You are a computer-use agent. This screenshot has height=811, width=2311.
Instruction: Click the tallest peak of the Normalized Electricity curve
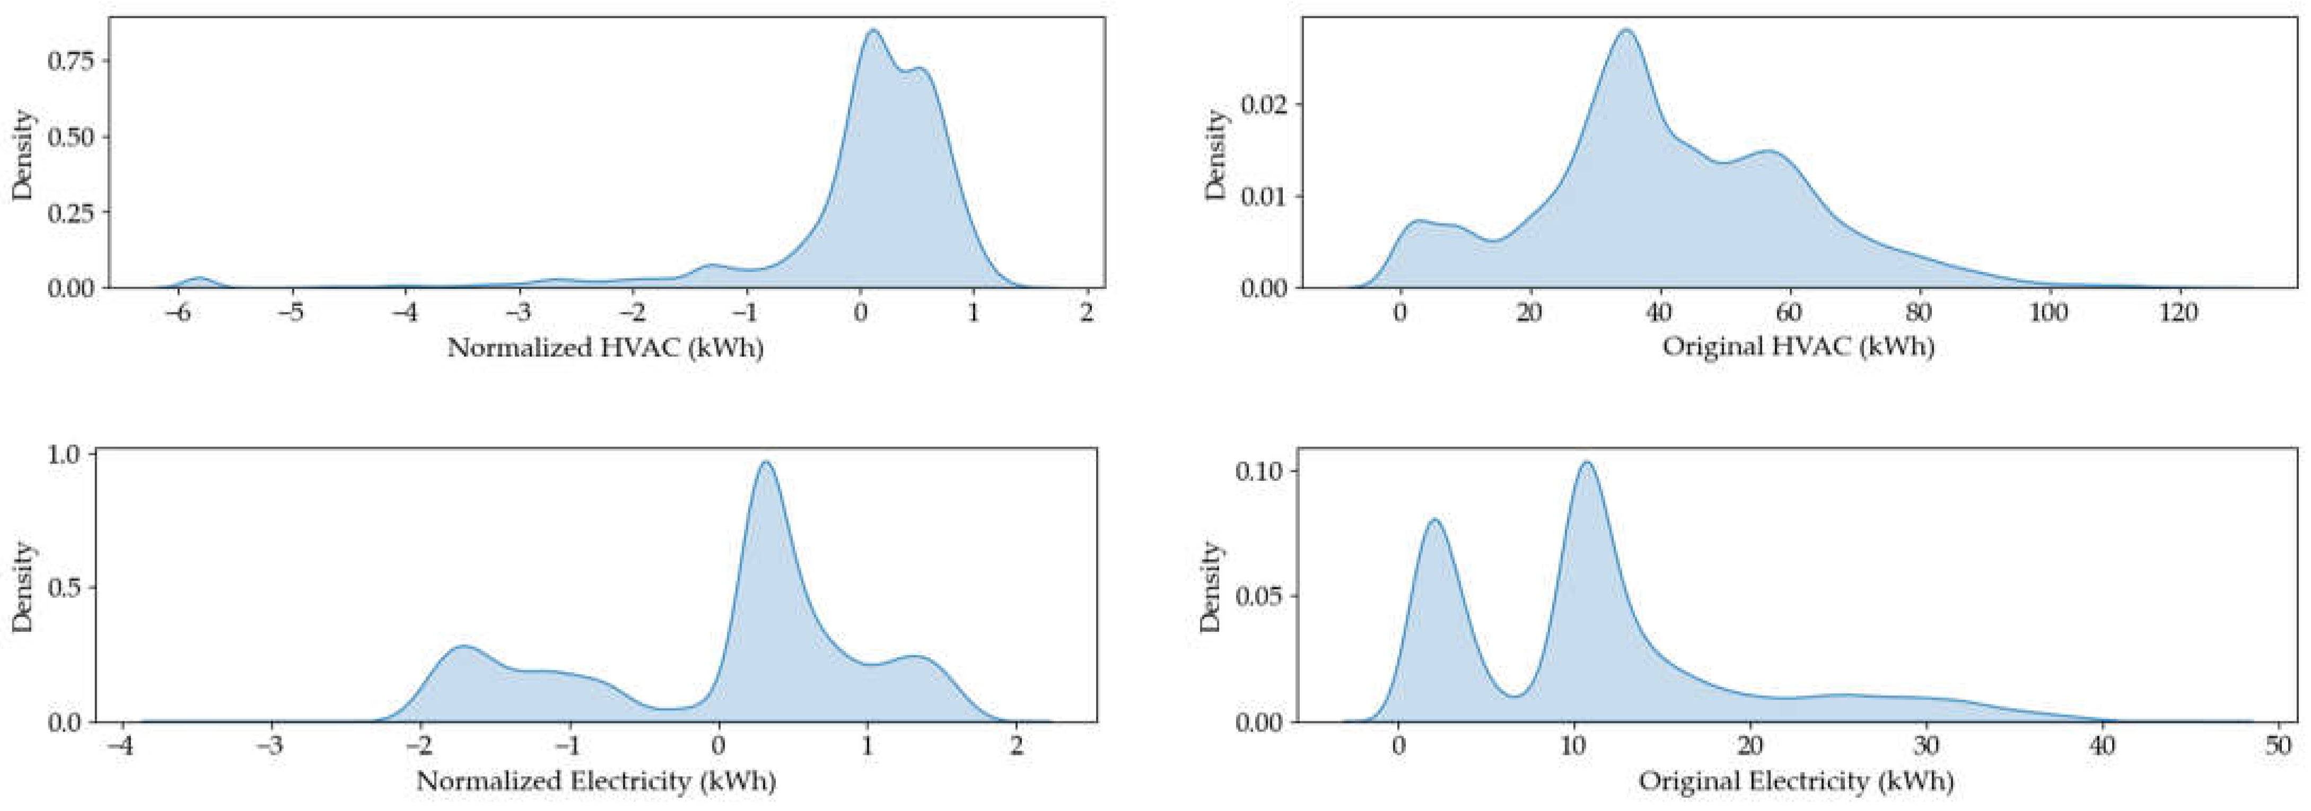tap(765, 462)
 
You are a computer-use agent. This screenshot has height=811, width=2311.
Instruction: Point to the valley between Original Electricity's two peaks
tap(1513, 696)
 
